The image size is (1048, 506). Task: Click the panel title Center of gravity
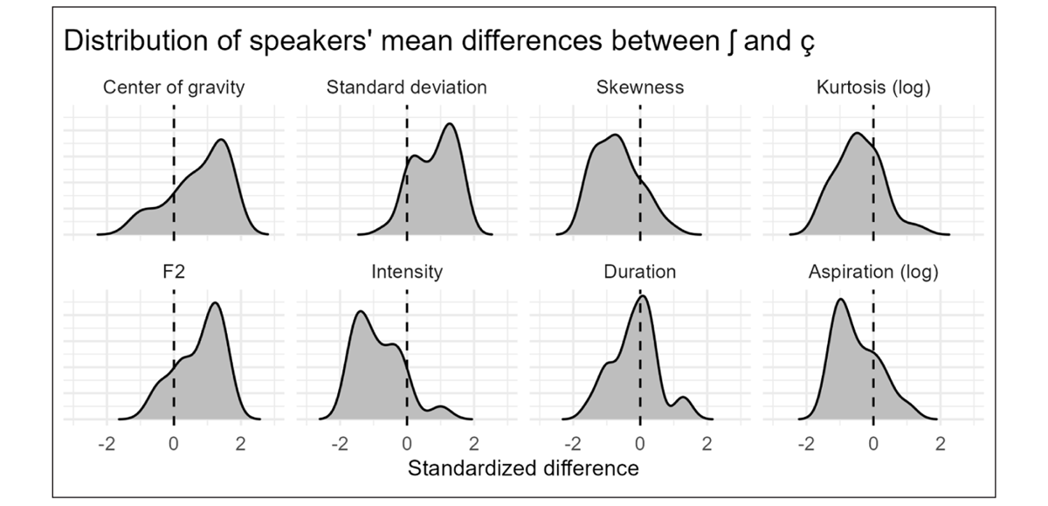point(174,87)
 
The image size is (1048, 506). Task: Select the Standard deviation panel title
point(407,87)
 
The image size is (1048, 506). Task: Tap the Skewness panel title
point(640,87)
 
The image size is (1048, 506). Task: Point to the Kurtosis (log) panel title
point(873,87)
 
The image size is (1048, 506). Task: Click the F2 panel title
point(174,272)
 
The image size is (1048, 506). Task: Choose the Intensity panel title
point(407,272)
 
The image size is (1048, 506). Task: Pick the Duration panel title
point(640,272)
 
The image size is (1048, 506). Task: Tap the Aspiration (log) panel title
point(873,272)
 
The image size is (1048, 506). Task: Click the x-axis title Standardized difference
point(523,468)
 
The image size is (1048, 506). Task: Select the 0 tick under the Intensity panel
point(407,443)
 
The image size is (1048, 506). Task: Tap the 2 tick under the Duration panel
point(707,443)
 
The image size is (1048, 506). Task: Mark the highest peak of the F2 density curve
point(214,303)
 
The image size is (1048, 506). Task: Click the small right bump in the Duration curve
point(684,399)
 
